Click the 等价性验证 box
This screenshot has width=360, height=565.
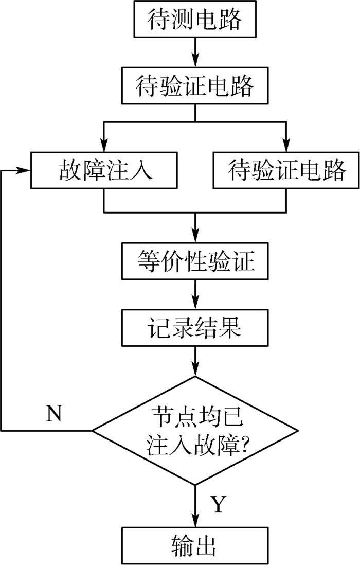point(194,262)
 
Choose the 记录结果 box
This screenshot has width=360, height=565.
point(194,328)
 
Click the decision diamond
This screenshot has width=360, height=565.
point(195,430)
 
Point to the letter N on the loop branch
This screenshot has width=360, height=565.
point(54,413)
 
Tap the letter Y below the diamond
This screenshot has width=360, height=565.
point(218,505)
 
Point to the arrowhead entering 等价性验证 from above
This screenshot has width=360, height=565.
point(195,237)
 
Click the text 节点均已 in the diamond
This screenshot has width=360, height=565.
point(194,417)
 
